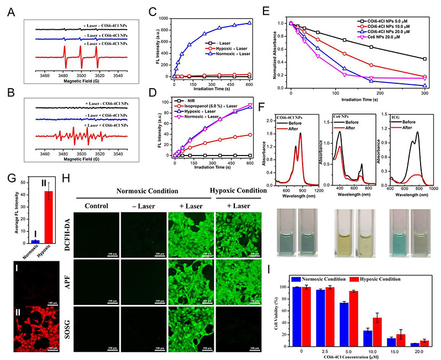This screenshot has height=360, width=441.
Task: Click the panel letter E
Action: click(283, 9)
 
